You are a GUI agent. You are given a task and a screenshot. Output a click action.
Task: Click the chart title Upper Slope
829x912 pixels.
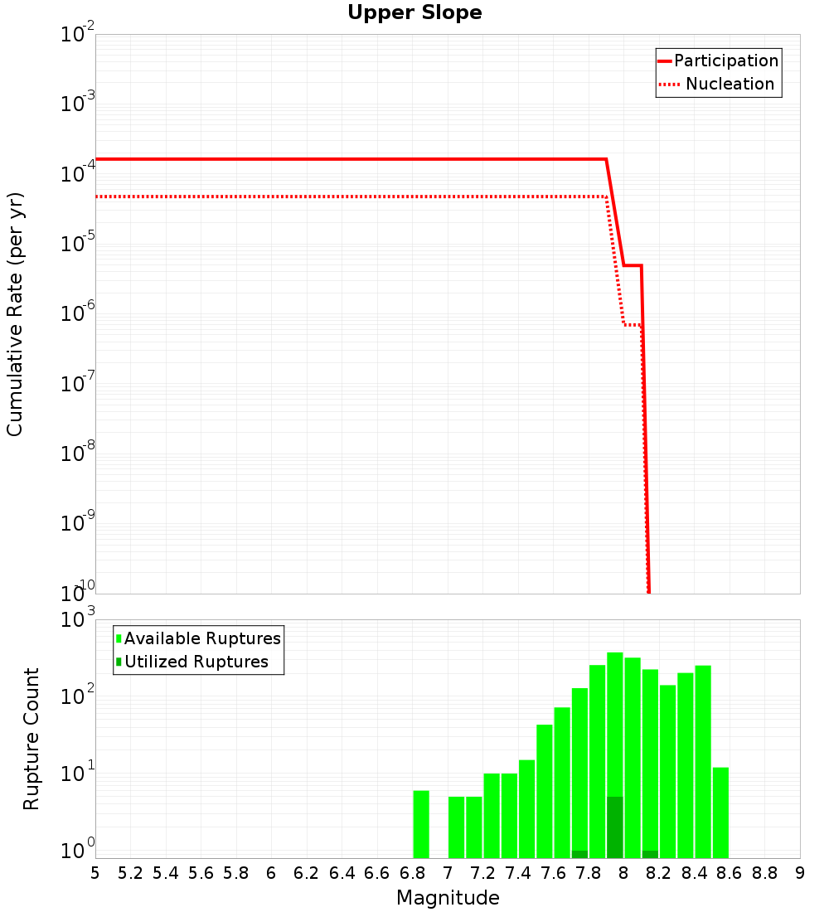click(x=414, y=13)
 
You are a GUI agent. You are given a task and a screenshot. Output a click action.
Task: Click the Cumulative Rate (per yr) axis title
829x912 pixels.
click(x=15, y=313)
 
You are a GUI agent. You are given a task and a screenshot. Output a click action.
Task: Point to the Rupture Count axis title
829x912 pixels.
click(x=32, y=738)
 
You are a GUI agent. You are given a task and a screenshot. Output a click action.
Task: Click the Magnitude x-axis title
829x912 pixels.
click(x=448, y=898)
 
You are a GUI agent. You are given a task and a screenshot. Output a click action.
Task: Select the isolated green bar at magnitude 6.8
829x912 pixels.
click(x=421, y=824)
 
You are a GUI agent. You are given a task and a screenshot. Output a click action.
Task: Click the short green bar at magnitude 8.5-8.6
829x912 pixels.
click(x=720, y=813)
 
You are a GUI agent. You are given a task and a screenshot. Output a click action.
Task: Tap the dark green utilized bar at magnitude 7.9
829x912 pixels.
click(x=614, y=827)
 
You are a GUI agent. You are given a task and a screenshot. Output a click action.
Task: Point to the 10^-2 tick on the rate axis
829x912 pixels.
click(x=78, y=35)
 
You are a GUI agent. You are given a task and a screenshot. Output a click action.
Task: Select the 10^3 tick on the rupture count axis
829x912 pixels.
click(x=78, y=620)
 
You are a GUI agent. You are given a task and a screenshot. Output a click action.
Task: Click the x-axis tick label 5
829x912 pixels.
click(x=95, y=873)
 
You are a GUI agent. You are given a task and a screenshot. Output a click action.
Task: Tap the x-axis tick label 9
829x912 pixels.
click(x=799, y=873)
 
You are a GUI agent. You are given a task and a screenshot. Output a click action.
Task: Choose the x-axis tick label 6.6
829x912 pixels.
click(x=377, y=873)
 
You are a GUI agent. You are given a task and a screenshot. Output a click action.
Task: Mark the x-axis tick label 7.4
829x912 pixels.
click(x=518, y=873)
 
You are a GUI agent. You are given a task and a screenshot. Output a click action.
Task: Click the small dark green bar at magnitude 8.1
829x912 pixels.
click(x=650, y=854)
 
